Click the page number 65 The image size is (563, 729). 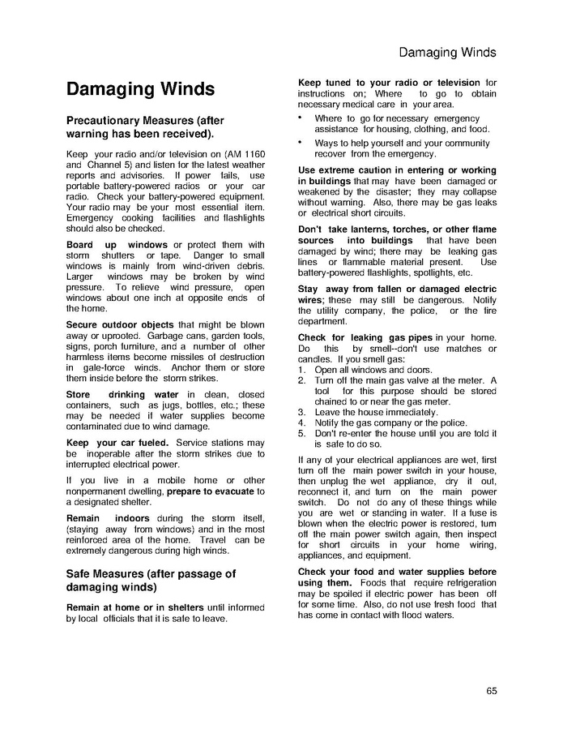pos(492,690)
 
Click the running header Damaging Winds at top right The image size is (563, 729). pos(447,53)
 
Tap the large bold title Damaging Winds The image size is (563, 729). pos(140,88)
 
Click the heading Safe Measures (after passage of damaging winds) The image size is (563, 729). pos(150,580)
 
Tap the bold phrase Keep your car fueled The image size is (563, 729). pos(117,443)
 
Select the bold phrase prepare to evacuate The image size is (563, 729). pos(210,491)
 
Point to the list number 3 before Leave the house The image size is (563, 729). pos(301,412)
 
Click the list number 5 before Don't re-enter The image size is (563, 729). pos(301,433)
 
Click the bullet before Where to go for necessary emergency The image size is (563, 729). pos(301,118)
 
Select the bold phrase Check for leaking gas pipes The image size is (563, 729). pos(365,337)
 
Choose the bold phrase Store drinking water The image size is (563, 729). pos(122,395)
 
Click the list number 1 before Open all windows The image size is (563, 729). pos(301,370)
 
